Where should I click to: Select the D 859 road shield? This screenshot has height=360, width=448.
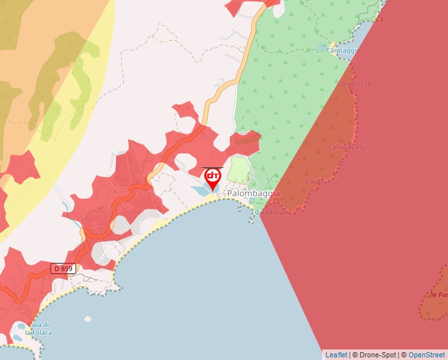pos(64,269)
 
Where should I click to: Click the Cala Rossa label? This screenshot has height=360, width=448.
pos(354,84)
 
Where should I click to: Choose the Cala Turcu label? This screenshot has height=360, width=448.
pos(322,182)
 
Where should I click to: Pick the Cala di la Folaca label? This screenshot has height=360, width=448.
pos(38,329)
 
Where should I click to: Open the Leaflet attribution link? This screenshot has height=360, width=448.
pos(336,355)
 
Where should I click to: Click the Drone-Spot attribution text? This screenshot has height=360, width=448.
pos(375,355)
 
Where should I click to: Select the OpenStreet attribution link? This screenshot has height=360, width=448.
pos(428,355)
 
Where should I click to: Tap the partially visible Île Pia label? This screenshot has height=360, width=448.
pos(438,294)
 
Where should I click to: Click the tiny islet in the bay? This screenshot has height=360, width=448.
pos(88,319)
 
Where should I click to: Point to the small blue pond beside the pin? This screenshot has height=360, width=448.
pos(200,190)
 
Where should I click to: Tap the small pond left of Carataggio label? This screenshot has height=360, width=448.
pos(322,47)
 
